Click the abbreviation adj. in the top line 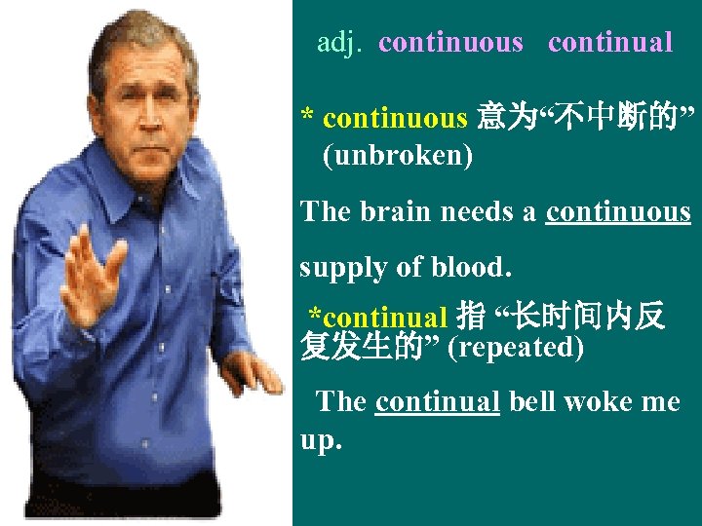(340, 43)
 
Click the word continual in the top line (610, 43)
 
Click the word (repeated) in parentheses (515, 347)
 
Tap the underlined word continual (438, 400)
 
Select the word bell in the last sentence (531, 400)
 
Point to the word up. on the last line (322, 439)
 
